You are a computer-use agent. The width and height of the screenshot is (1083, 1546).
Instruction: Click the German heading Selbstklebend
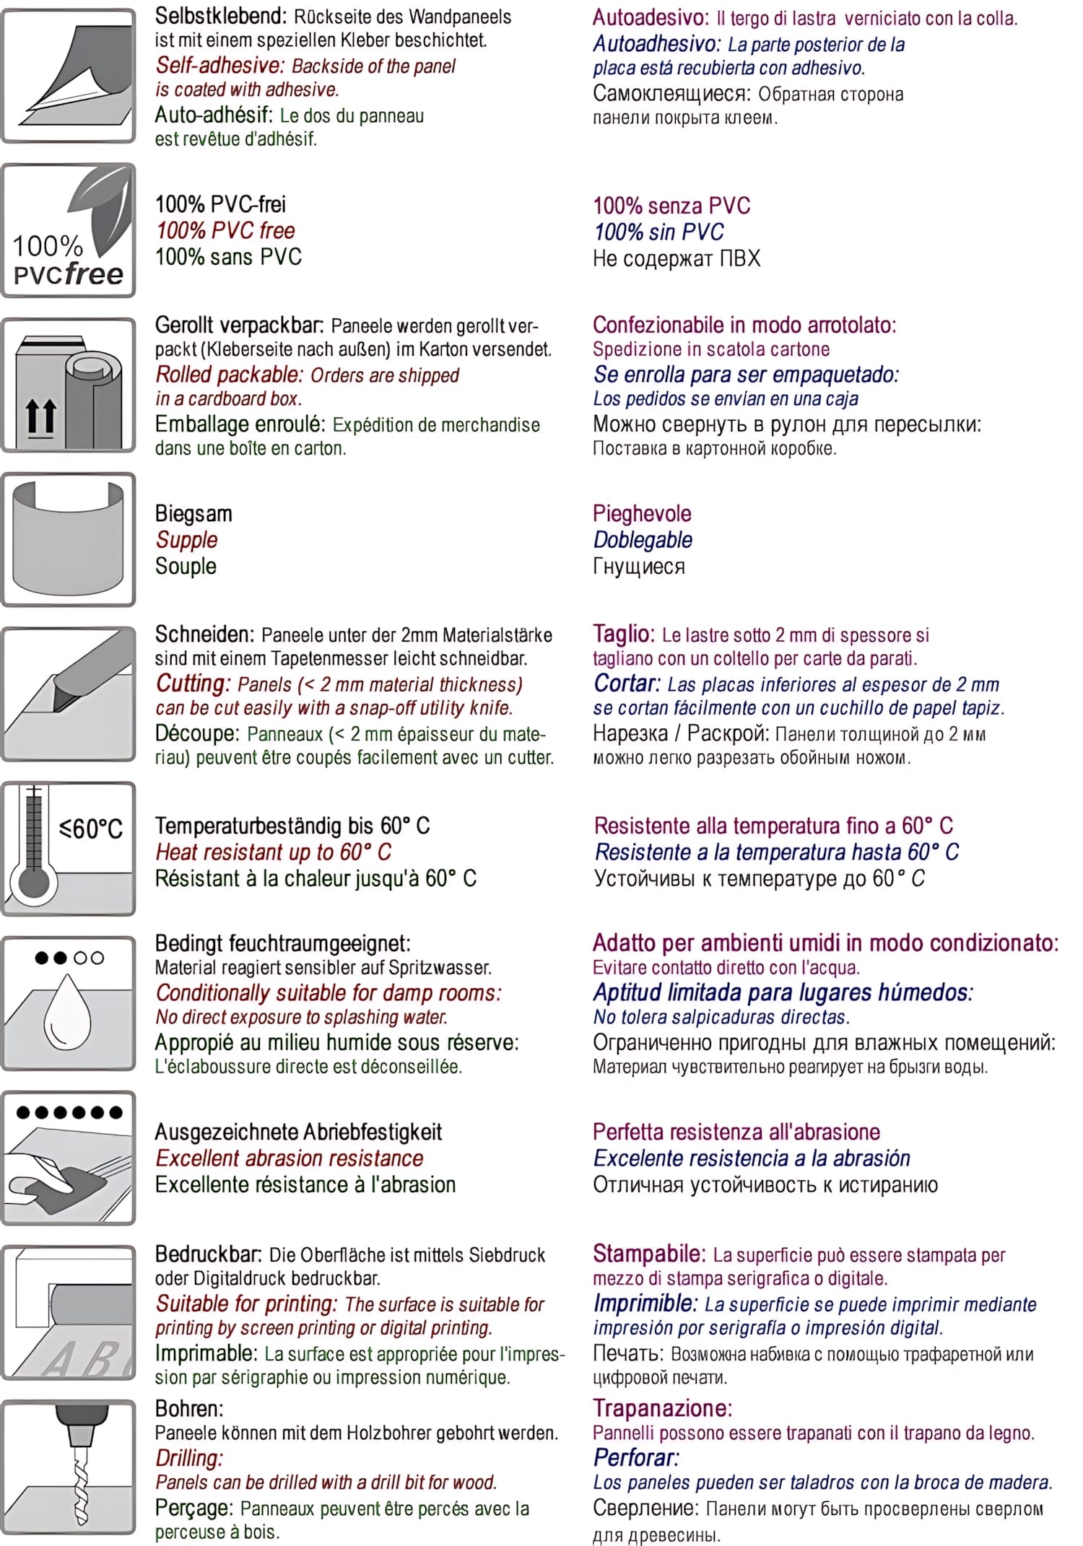(220, 16)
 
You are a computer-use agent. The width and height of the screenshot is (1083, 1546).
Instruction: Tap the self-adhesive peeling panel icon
(69, 75)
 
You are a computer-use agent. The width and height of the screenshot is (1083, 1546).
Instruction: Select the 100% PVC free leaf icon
(69, 230)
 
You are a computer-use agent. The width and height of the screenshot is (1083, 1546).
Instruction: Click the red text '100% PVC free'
(225, 231)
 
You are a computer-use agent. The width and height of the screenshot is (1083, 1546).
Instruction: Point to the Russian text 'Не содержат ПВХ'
(677, 258)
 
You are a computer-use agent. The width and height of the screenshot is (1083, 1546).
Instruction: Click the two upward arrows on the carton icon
(40, 417)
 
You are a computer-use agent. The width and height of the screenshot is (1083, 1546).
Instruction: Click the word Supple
(186, 540)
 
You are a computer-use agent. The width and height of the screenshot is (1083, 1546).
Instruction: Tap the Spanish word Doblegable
(643, 540)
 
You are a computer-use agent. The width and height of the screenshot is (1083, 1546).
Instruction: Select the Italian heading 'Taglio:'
(623, 634)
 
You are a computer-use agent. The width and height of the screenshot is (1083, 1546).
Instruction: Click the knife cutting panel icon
(69, 694)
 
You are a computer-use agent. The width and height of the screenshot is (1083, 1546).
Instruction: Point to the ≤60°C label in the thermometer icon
(91, 829)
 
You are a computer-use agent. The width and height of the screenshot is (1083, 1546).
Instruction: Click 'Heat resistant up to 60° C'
(273, 852)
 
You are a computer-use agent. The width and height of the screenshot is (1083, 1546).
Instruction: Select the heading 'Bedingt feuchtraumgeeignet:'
(282, 943)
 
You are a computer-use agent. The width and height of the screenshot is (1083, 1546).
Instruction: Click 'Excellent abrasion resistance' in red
(290, 1158)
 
